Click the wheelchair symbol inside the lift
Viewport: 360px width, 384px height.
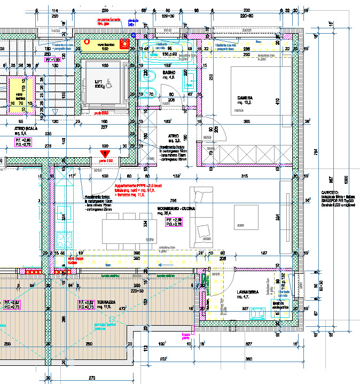click(109, 83)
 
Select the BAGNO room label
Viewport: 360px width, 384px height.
click(154, 73)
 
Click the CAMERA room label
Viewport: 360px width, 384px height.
click(245, 98)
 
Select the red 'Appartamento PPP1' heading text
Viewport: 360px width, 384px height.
click(137, 185)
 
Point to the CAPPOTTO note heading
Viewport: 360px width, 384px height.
click(327, 191)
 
